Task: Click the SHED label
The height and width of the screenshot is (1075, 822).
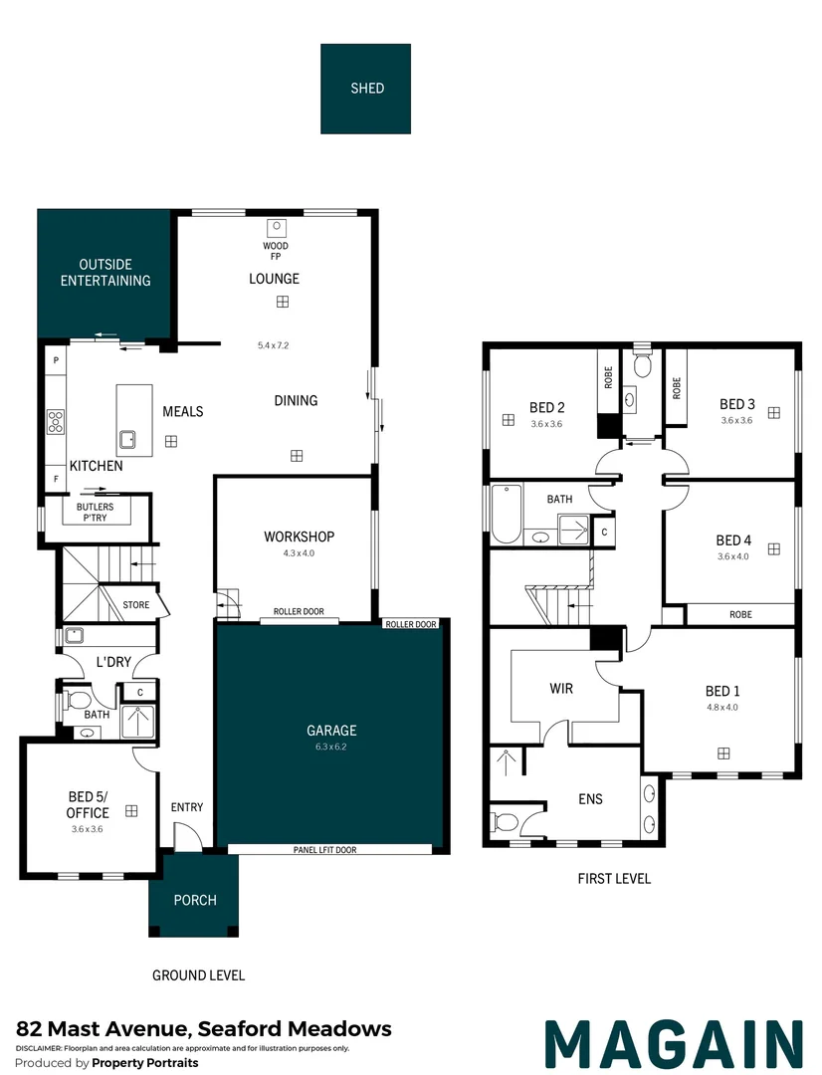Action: (366, 88)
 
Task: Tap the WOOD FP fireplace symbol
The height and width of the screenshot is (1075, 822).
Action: (276, 226)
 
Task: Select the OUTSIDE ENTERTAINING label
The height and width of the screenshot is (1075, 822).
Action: (105, 273)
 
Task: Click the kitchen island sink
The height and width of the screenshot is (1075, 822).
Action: (128, 438)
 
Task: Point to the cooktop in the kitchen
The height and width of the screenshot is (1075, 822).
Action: (56, 422)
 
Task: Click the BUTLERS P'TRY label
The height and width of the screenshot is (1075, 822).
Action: (95, 513)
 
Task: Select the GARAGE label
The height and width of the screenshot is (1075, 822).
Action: (331, 730)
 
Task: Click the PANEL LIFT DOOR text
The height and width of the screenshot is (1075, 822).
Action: (324, 850)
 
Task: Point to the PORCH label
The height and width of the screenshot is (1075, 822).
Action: (195, 900)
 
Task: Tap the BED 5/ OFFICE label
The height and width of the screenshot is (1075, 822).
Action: (89, 804)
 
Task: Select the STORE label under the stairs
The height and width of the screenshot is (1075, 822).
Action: (135, 604)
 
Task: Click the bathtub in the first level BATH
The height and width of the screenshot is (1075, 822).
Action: (507, 514)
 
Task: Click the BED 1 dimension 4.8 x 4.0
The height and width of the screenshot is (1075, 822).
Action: (721, 708)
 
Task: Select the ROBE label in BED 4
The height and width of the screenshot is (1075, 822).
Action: (740, 614)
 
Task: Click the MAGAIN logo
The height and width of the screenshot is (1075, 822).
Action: (674, 1043)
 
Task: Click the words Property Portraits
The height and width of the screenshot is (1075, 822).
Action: (144, 1063)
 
